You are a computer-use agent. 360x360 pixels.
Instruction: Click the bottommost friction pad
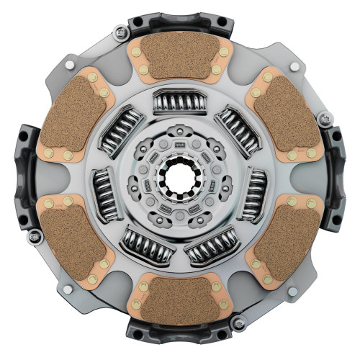click(179, 299)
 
